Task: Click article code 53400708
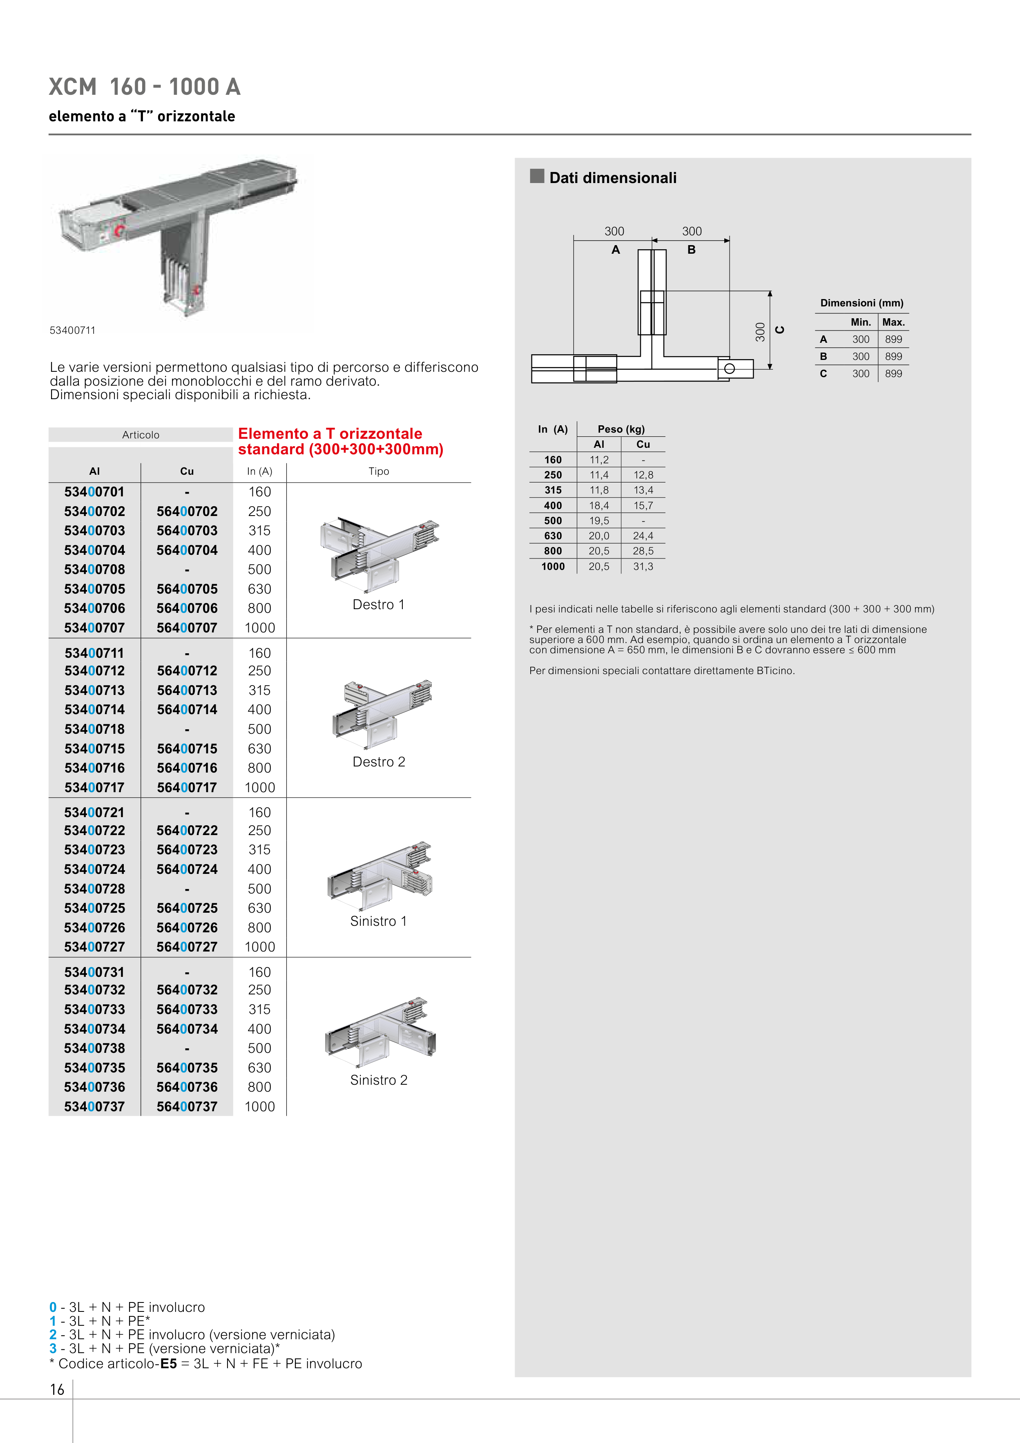[94, 570]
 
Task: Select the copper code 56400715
[187, 748]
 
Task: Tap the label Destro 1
[378, 605]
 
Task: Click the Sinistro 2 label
[378, 1080]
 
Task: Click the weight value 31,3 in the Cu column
[643, 566]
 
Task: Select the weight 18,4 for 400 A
[598, 505]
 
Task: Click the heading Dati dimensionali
[612, 178]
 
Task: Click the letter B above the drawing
[691, 250]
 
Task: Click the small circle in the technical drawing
[729, 368]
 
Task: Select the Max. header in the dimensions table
[893, 322]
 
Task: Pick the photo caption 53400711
[73, 331]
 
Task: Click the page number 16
[57, 1389]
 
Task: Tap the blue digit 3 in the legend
[53, 1348]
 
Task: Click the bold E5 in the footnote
[168, 1364]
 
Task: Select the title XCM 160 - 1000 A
[145, 87]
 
